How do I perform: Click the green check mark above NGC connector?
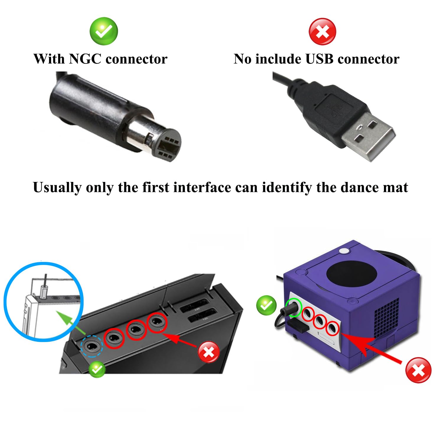[104, 31]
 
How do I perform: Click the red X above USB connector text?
[322, 32]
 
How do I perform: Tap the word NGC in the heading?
[85, 59]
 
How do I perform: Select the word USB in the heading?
[320, 59]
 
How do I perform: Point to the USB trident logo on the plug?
[336, 110]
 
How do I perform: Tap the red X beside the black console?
[209, 352]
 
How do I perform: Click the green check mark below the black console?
[97, 369]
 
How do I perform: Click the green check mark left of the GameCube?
[266, 305]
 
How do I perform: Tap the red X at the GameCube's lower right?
[418, 370]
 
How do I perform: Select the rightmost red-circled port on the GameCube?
[333, 328]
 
